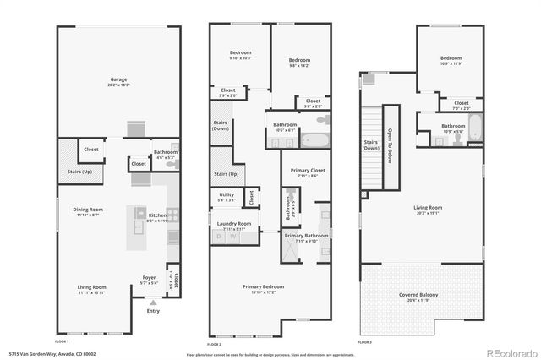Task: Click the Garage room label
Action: coord(118,83)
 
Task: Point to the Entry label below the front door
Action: coord(153,311)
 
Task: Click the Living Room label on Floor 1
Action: coord(92,287)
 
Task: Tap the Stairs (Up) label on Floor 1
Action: coord(79,170)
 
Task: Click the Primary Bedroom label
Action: coord(263,287)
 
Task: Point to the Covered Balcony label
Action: coord(419,295)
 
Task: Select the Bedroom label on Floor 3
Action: coord(451,58)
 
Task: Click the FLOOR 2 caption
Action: coord(215,344)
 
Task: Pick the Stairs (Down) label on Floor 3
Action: coord(370,145)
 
